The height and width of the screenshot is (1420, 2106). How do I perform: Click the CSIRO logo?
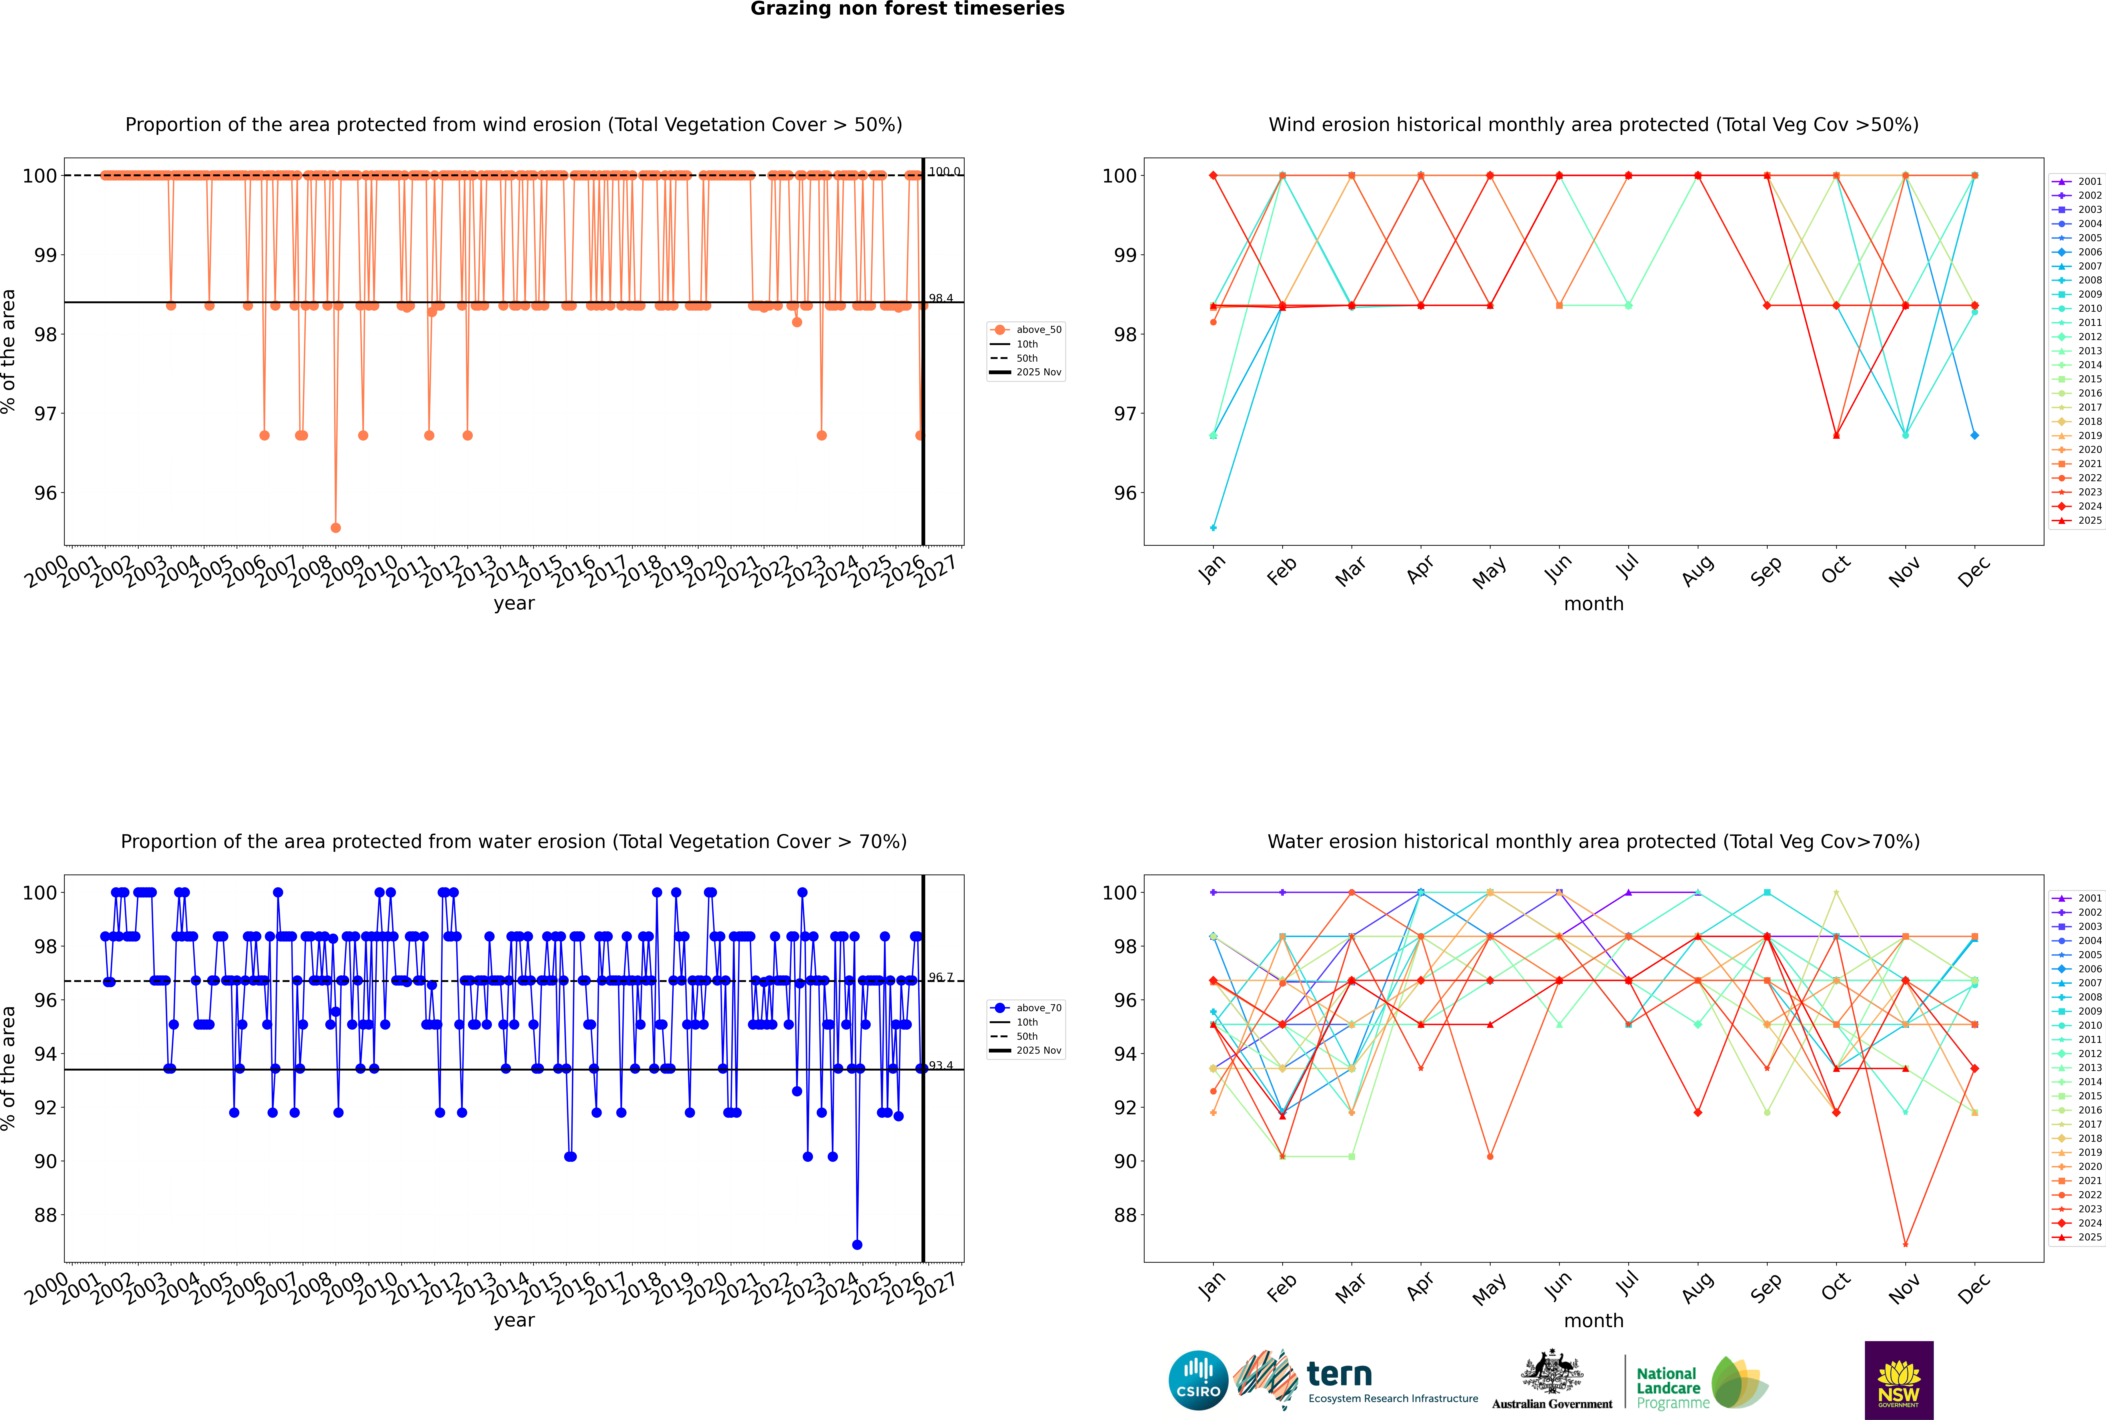pyautogui.click(x=1198, y=1380)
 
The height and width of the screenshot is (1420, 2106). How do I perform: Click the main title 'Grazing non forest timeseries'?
pyautogui.click(x=907, y=9)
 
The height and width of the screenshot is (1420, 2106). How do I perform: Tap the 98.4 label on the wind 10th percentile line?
pyautogui.click(x=941, y=298)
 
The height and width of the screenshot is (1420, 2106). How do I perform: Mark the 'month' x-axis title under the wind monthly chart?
pyautogui.click(x=1593, y=604)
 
